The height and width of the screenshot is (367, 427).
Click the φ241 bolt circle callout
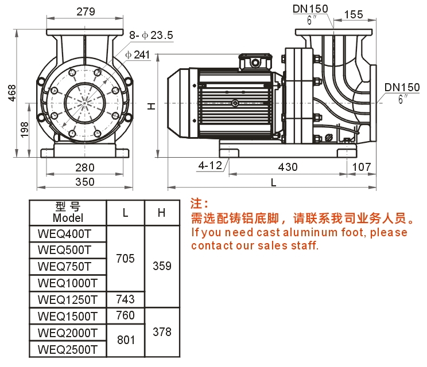pyautogui.click(x=138, y=54)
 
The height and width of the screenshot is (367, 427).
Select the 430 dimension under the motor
pyautogui.click(x=288, y=167)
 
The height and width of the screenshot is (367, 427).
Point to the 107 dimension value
pyautogui.click(x=361, y=167)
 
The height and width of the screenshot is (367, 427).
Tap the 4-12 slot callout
pyautogui.click(x=210, y=166)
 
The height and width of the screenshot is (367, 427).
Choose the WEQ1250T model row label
pyautogui.click(x=68, y=299)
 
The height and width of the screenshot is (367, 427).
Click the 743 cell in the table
pyautogui.click(x=125, y=299)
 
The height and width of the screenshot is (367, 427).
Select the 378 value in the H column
pyautogui.click(x=162, y=332)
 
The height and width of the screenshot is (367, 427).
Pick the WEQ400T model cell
pyautogui.click(x=64, y=233)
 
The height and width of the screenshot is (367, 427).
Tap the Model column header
pyautogui.click(x=68, y=218)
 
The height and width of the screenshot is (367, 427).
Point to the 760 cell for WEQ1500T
pyautogui.click(x=125, y=315)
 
